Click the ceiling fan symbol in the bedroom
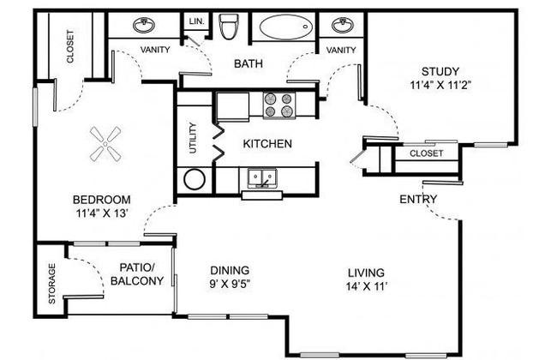[105, 144]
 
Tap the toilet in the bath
[228, 26]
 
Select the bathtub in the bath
[286, 27]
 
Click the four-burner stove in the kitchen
[278, 105]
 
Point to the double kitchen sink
[262, 178]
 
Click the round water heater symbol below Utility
[195, 179]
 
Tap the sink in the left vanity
[144, 25]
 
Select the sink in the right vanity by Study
[343, 25]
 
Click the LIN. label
[197, 21]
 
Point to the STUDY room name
[440, 71]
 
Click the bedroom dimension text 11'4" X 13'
[102, 213]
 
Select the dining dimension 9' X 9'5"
[230, 285]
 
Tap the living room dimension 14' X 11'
[366, 286]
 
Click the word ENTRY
[418, 199]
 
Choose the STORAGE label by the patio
[52, 284]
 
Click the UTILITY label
[193, 138]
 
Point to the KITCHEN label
[267, 144]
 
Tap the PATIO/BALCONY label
[137, 274]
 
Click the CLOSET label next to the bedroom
[70, 46]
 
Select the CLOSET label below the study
[426, 153]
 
